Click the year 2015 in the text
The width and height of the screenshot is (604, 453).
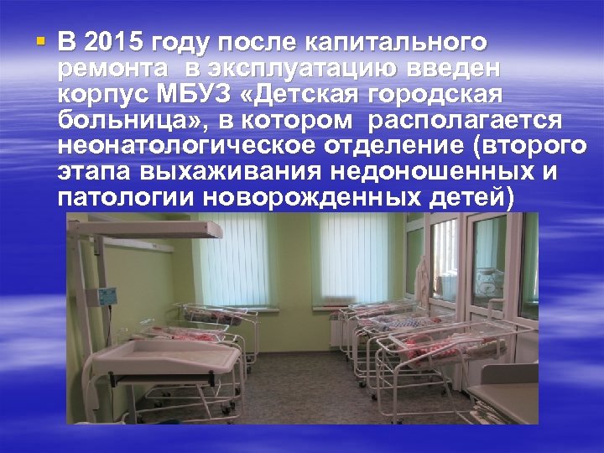point(112,42)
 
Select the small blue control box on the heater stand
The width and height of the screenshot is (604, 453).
point(108,296)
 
